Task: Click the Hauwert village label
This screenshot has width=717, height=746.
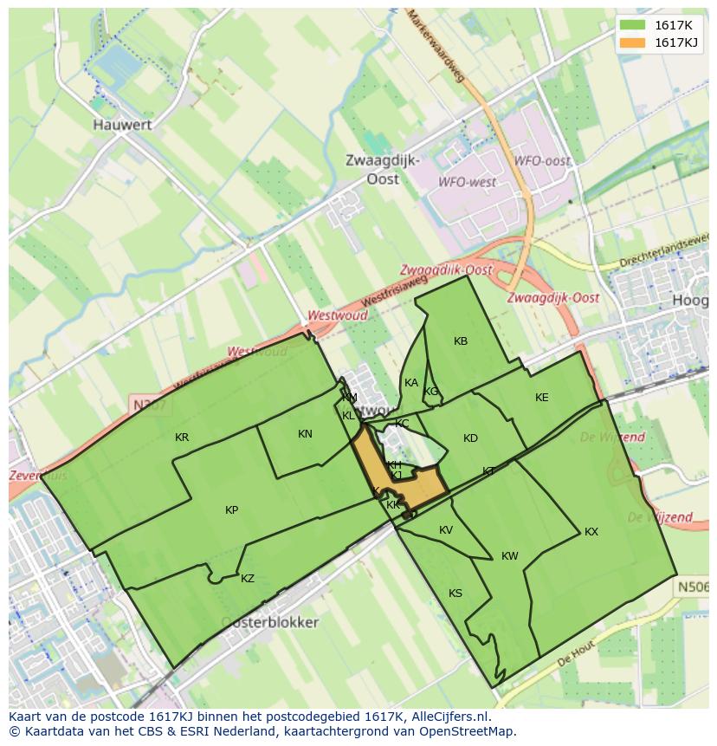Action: tap(122, 125)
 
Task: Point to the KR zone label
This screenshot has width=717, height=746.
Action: tap(182, 438)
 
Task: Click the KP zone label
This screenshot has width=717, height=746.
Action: tap(232, 510)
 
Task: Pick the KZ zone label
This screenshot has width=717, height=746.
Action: tap(248, 579)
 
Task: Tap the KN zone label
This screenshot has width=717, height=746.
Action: tap(305, 434)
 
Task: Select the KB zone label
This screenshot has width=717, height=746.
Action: tap(461, 341)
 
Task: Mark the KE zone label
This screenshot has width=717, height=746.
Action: tap(542, 398)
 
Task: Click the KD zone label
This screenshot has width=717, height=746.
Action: tap(470, 438)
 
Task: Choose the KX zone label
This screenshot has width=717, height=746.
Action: tap(591, 532)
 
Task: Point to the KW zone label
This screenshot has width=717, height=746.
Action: tap(510, 556)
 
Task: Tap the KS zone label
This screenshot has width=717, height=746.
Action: tap(455, 594)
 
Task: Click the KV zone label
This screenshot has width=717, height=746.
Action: tap(446, 530)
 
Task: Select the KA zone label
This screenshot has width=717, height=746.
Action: tap(411, 383)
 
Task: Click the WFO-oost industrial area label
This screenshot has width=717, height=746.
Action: tap(543, 161)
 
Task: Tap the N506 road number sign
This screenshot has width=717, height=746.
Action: tap(693, 587)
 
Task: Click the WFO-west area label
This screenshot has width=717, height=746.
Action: tap(468, 182)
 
